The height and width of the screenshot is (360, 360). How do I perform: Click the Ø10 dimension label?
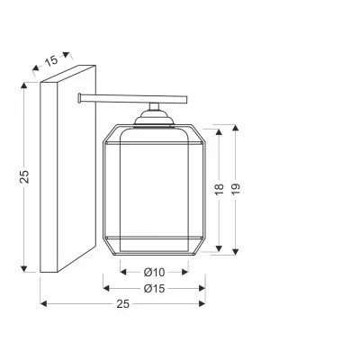(x=154, y=273)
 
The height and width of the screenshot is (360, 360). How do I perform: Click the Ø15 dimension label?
(x=154, y=289)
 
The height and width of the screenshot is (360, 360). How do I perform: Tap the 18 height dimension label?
(x=220, y=189)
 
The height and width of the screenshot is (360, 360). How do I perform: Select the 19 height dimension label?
(x=236, y=189)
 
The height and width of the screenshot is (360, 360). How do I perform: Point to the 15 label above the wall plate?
(x=51, y=61)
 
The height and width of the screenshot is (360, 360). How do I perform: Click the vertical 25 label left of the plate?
(x=24, y=176)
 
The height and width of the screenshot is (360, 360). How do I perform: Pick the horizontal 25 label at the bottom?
(x=122, y=304)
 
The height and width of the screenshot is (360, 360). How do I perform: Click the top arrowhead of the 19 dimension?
(x=236, y=129)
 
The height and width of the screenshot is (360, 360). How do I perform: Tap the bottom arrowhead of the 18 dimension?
(x=219, y=248)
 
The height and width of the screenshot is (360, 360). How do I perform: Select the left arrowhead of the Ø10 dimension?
(x=123, y=273)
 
